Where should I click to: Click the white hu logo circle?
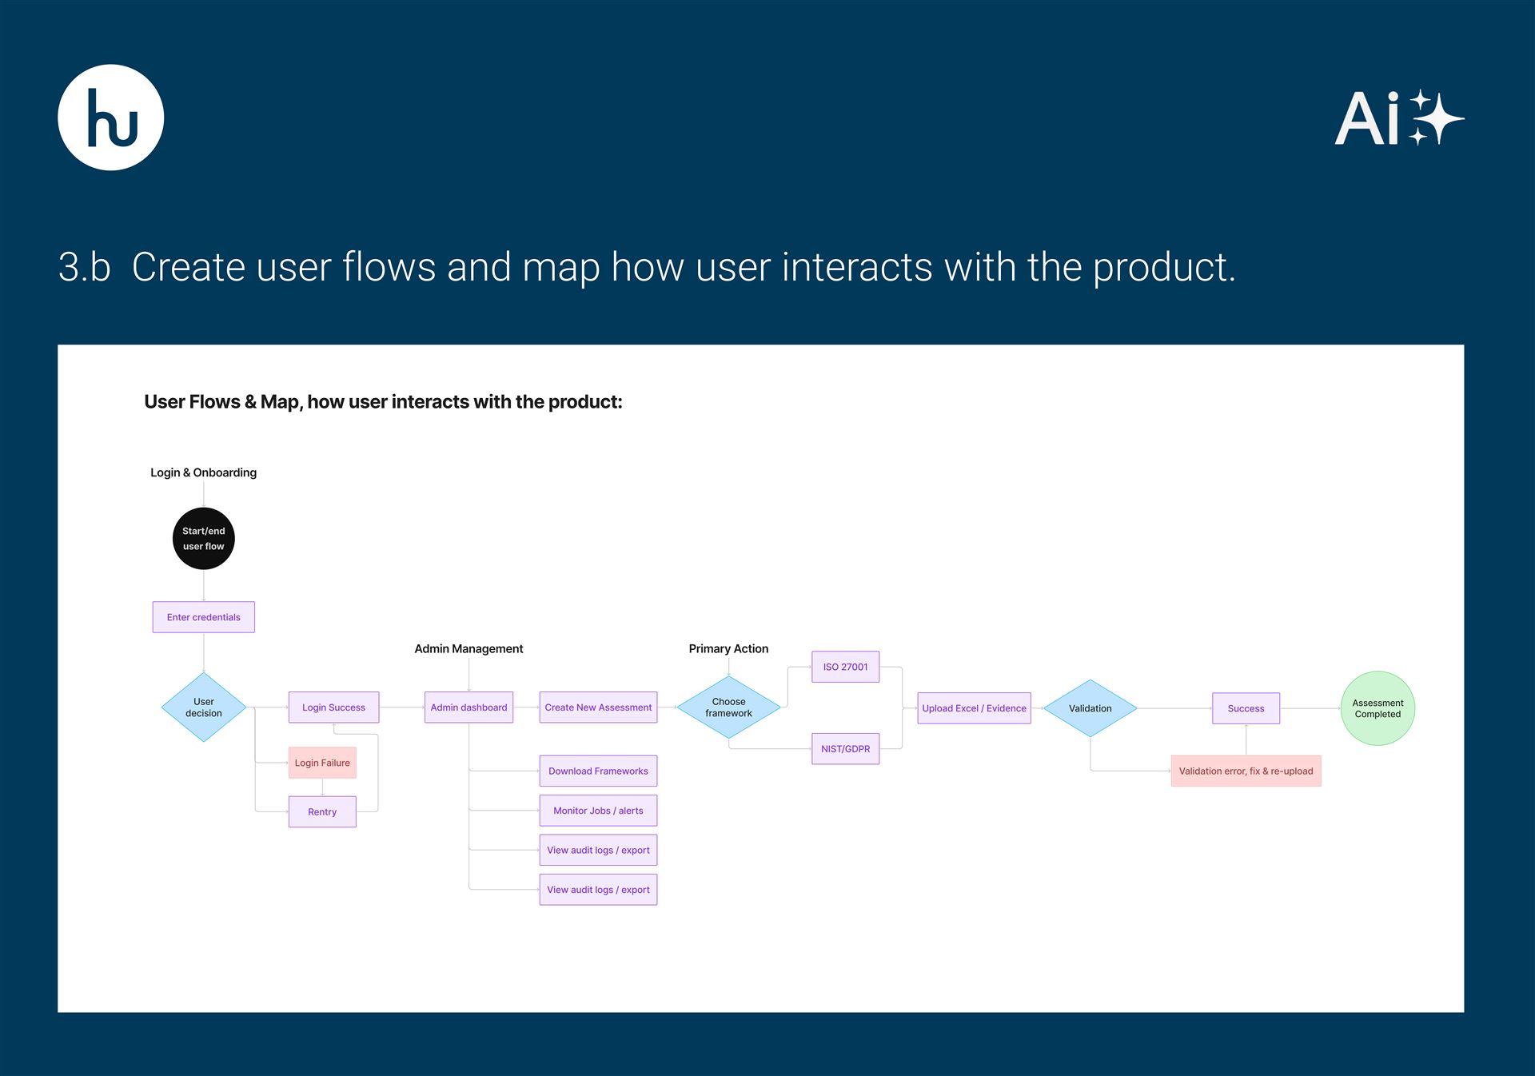tap(111, 118)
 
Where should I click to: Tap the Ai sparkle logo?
tap(1398, 118)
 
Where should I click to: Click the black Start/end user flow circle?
tap(203, 539)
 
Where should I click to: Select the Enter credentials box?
tap(203, 617)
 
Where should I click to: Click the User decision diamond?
tap(203, 707)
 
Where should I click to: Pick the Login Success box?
tap(333, 707)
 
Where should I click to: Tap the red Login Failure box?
tap(321, 763)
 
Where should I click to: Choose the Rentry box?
tap(321, 811)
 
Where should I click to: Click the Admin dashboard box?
tap(468, 707)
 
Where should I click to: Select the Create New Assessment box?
tap(598, 707)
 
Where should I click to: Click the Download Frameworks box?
tap(598, 771)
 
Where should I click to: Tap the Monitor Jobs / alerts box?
tap(598, 811)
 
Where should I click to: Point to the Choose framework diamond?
tap(728, 707)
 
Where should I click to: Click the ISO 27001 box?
tap(845, 667)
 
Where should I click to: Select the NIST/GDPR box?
tap(845, 749)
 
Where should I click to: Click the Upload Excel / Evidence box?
tap(974, 708)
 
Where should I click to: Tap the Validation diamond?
tap(1090, 708)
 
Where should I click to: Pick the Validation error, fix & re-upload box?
tap(1246, 771)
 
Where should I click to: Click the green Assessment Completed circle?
tap(1377, 708)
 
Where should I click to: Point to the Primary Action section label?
tap(728, 648)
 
